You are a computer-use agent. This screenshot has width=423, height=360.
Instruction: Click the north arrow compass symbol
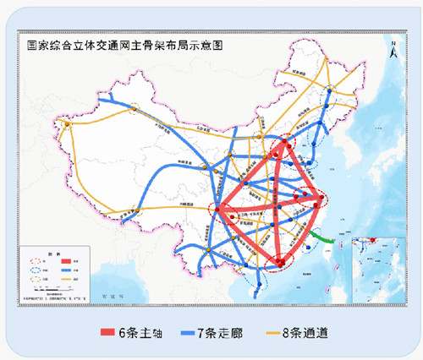[390, 50]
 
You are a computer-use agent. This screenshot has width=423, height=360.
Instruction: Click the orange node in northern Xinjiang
[132, 108]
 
